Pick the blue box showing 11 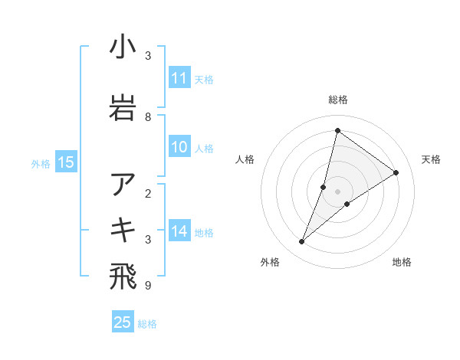(x=179, y=78)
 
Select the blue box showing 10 (x=179, y=148)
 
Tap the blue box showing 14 (x=179, y=231)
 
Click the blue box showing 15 (x=66, y=162)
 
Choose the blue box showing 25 (x=123, y=322)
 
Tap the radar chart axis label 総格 (x=338, y=100)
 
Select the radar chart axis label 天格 (x=432, y=159)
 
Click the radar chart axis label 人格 (x=245, y=159)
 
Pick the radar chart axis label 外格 (x=270, y=262)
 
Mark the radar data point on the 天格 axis (x=396, y=172)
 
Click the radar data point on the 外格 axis (x=301, y=242)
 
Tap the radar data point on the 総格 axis (x=337, y=130)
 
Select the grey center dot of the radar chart (x=337, y=191)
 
